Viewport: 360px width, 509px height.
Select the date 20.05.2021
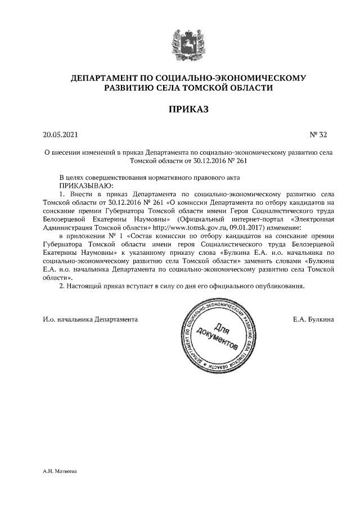61,135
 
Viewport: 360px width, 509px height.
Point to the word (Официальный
197,219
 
